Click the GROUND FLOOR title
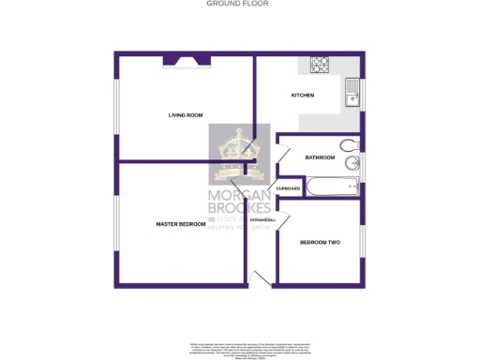click(x=238, y=4)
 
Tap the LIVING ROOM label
click(x=186, y=115)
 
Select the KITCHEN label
click(x=302, y=96)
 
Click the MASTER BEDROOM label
click(x=180, y=224)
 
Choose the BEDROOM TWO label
click(x=320, y=243)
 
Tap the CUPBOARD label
click(x=288, y=189)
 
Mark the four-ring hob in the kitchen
click(x=319, y=65)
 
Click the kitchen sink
click(x=351, y=94)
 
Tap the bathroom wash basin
click(x=351, y=164)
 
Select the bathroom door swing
click(x=284, y=153)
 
